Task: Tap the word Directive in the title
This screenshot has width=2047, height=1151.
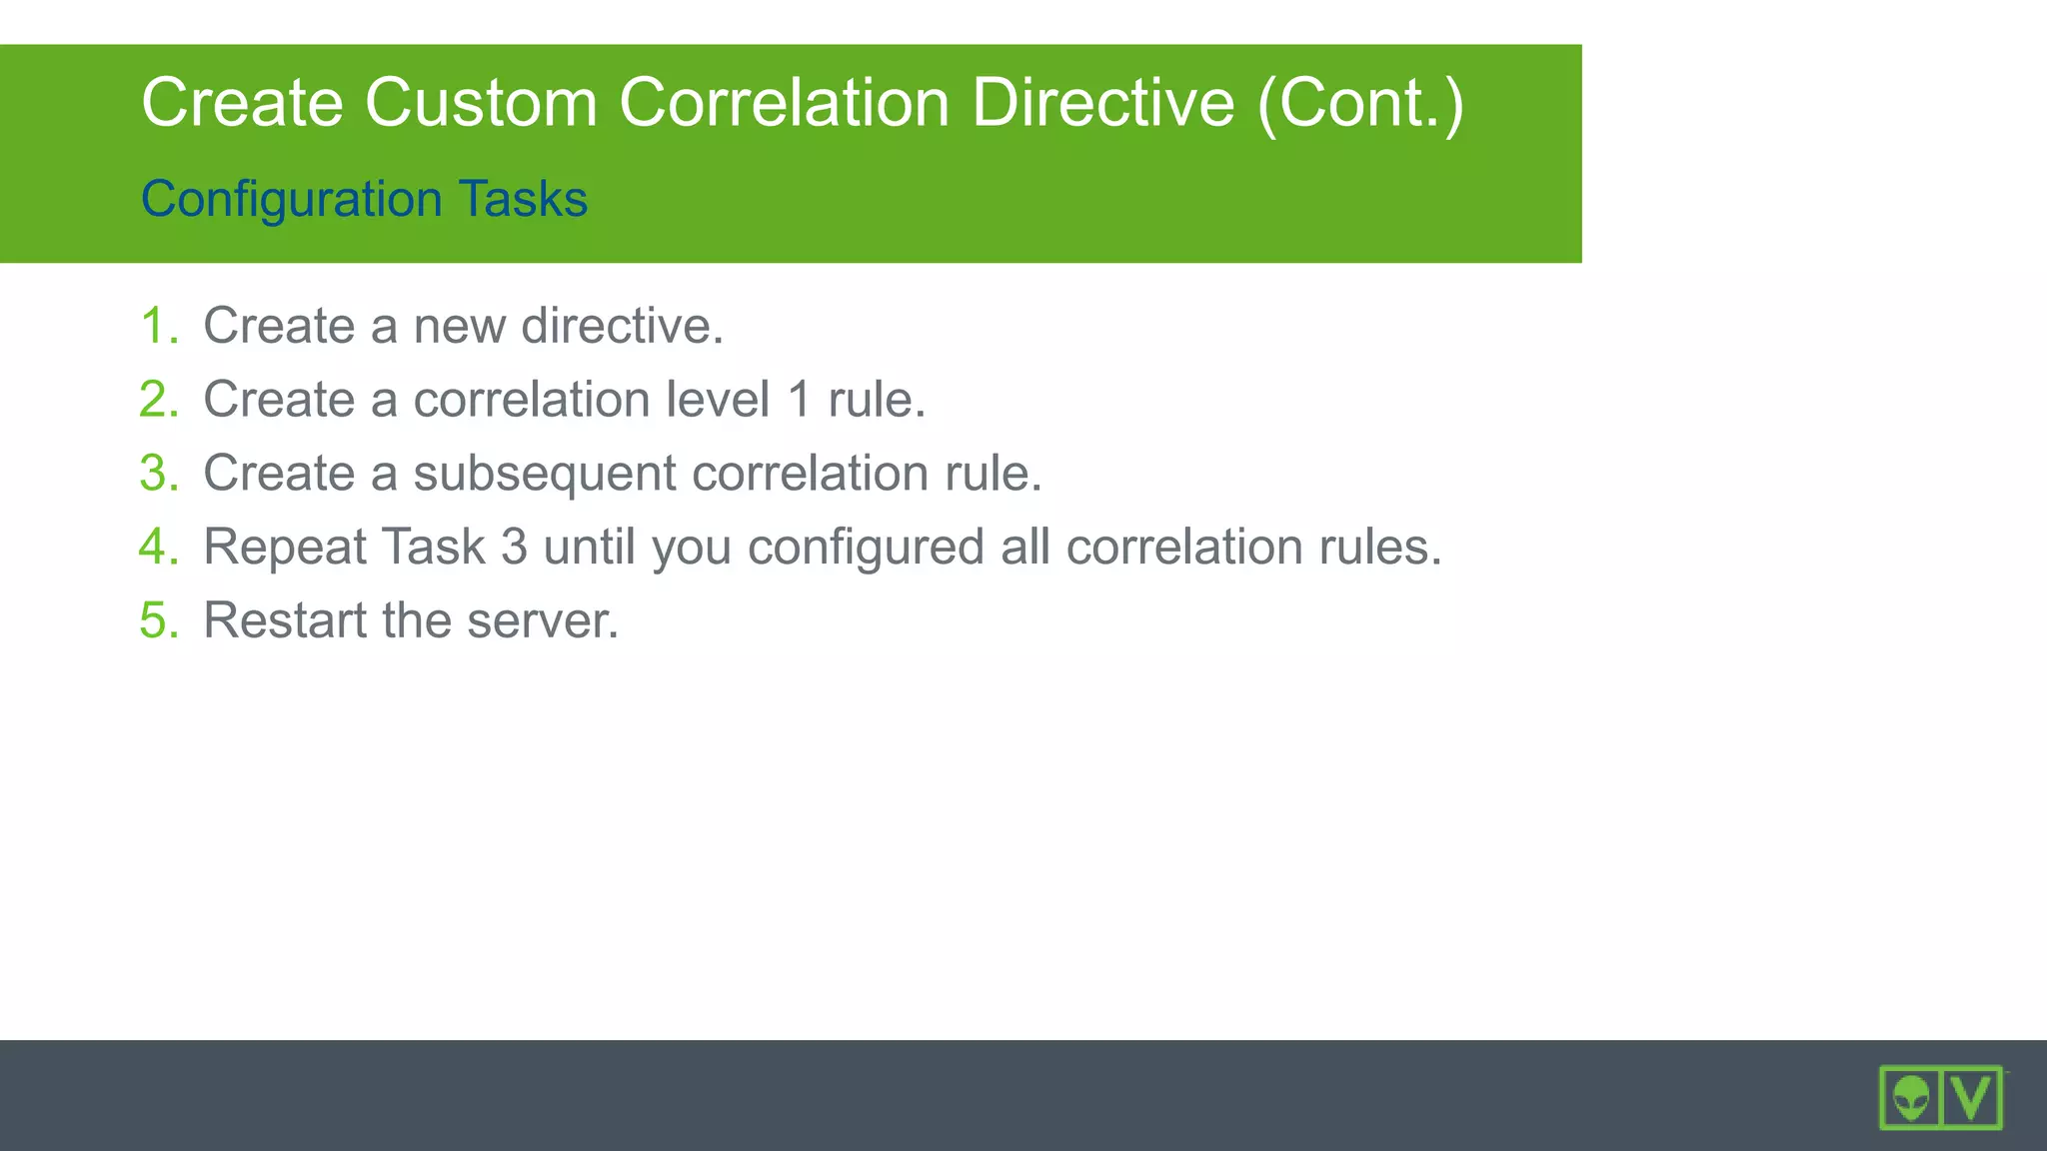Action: [1102, 103]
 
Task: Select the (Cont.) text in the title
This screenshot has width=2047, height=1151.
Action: [1360, 103]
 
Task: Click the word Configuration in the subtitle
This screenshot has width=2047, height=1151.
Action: [291, 199]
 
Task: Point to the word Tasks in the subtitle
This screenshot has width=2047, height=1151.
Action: [523, 199]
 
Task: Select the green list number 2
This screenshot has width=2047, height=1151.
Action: [157, 400]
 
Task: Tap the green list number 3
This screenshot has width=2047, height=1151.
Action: [157, 473]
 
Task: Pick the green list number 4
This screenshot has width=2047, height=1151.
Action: [157, 547]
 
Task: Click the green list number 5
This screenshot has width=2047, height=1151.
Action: [157, 620]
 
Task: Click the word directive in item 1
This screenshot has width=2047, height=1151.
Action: [621, 326]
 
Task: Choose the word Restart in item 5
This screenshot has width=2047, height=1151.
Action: [285, 620]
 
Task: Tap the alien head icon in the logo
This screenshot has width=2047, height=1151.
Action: [1911, 1098]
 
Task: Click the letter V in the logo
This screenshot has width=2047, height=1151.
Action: [1972, 1097]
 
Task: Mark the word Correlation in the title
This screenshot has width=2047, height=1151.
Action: [784, 103]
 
